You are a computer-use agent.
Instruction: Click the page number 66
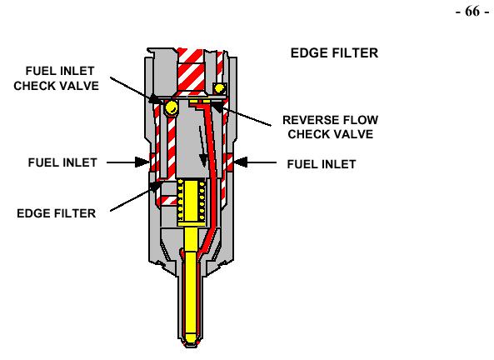[472, 12]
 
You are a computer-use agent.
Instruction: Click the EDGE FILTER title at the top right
[334, 53]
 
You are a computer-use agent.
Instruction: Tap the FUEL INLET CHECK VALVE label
[57, 78]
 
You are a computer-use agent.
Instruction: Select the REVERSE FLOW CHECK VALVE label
[330, 127]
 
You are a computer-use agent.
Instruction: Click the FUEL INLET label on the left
[62, 162]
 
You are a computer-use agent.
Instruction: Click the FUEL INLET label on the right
[322, 164]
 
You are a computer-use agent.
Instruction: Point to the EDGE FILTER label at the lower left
[56, 213]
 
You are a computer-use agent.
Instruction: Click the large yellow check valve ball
[171, 107]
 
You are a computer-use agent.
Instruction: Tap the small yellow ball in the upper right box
[219, 88]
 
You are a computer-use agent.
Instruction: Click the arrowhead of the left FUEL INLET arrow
[142, 162]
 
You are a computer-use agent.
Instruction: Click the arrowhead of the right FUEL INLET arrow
[241, 162]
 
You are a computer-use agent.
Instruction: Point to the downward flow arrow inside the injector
[202, 146]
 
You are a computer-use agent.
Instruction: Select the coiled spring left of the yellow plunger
[180, 200]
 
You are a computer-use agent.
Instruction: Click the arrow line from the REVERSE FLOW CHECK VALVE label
[242, 115]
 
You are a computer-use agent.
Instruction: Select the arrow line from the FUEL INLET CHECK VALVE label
[137, 90]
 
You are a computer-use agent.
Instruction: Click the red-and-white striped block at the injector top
[191, 70]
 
